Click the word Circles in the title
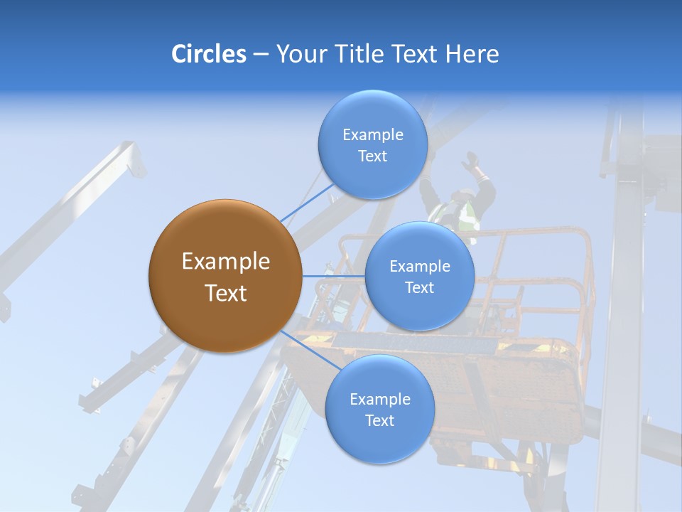208,54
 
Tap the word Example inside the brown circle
225,262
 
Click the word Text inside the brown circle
225,293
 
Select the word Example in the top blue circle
372,135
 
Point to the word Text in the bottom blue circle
379,421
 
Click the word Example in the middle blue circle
419,267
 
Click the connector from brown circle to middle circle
333,276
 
